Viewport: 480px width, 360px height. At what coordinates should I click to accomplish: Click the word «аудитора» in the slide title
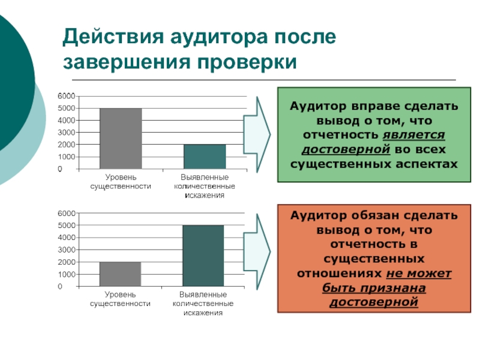[220, 38]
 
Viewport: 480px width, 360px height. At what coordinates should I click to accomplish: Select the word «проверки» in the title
[247, 62]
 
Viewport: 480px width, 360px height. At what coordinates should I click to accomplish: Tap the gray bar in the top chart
[121, 139]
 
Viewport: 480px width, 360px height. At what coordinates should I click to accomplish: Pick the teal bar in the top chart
[205, 157]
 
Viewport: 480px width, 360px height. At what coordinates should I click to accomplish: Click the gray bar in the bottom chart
[121, 274]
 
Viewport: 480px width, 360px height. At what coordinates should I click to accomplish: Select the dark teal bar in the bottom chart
[203, 256]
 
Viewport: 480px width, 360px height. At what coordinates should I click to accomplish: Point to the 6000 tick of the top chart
[67, 96]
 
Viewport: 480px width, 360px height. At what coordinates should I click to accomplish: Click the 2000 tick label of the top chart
[67, 145]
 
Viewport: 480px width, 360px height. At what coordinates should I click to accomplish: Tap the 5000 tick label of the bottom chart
[67, 226]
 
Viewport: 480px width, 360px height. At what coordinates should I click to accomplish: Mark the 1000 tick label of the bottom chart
[67, 274]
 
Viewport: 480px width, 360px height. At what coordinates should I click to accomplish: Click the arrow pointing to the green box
[257, 134]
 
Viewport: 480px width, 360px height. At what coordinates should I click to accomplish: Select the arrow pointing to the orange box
[257, 251]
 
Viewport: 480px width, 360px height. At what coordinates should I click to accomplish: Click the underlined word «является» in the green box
[414, 135]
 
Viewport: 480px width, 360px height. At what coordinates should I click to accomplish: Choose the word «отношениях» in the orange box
[340, 274]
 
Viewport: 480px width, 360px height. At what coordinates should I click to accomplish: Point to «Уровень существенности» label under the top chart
[121, 182]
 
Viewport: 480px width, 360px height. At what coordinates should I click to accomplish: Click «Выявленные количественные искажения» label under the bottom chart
[203, 304]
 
